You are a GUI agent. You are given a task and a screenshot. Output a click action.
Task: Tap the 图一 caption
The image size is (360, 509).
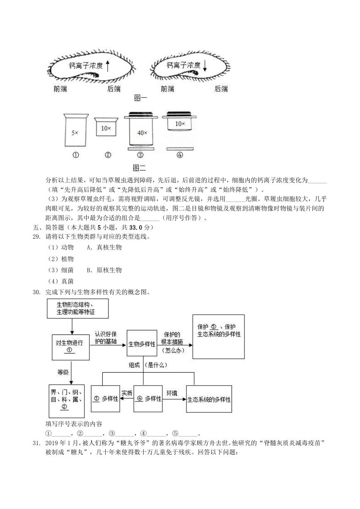click(x=140, y=98)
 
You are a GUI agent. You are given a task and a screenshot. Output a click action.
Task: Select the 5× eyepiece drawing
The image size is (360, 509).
click(x=76, y=130)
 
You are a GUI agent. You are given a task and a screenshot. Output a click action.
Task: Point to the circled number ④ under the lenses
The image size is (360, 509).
click(x=180, y=155)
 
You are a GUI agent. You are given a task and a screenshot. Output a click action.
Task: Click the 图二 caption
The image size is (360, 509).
click(x=139, y=168)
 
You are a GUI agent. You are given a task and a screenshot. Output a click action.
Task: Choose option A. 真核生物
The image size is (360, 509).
click(x=104, y=247)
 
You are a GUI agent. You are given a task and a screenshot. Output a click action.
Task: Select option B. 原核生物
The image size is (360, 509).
click(x=104, y=270)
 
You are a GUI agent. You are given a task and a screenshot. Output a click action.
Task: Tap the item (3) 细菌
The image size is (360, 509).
click(x=60, y=270)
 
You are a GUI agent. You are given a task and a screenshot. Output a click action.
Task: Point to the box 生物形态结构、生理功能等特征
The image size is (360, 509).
click(x=78, y=308)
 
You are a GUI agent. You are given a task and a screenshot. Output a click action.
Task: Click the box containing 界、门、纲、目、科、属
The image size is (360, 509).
click(x=67, y=401)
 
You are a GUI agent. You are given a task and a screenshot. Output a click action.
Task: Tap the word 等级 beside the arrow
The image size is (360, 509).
click(x=63, y=372)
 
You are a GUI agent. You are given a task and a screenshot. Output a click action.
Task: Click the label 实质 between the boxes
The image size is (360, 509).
click(x=127, y=393)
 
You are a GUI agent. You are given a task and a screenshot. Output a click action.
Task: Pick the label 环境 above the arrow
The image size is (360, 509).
click(x=172, y=393)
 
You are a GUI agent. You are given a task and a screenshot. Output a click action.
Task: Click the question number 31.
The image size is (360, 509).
click(x=36, y=443)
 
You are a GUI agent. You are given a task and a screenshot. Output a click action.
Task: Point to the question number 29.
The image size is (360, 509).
click(x=36, y=237)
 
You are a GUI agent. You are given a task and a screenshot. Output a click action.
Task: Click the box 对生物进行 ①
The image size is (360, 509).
click(x=71, y=347)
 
